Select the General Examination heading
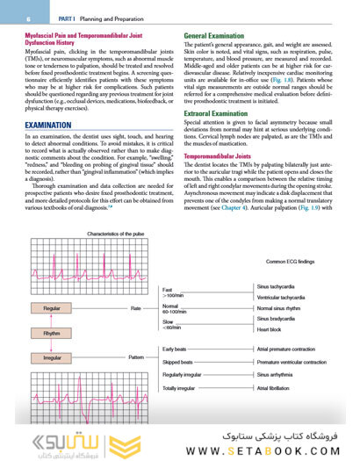click(214, 36)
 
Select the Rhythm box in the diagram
click(52, 334)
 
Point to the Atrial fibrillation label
click(277, 387)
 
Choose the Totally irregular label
click(182, 387)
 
